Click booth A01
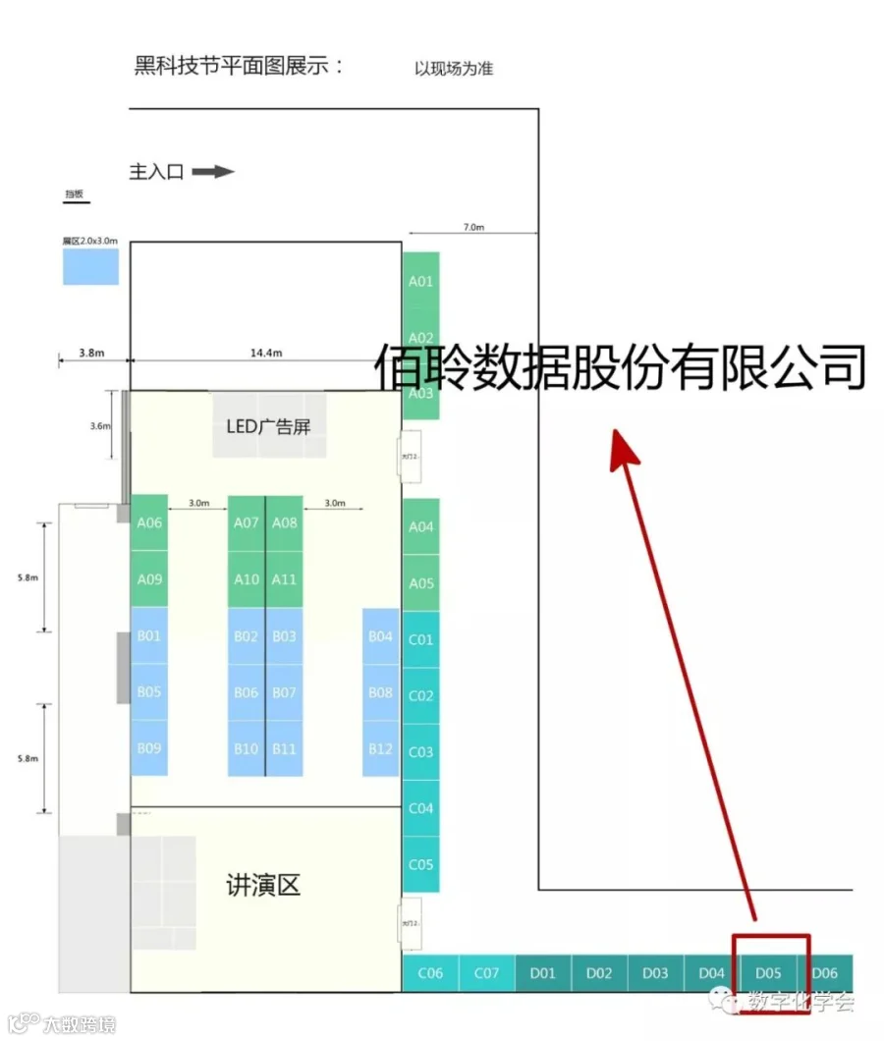(420, 281)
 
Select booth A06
(149, 523)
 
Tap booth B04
(380, 637)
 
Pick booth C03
(420, 752)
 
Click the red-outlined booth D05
(769, 972)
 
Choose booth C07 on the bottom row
(486, 973)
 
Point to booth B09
(149, 748)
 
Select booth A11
(284, 579)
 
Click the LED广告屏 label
(269, 426)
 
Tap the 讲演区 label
(262, 885)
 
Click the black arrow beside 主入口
(213, 172)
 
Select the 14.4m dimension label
(265, 353)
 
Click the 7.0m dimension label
(473, 227)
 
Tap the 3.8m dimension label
(91, 353)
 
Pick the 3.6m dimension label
(98, 426)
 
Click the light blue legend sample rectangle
(90, 266)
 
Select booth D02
(598, 973)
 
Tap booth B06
(247, 692)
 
